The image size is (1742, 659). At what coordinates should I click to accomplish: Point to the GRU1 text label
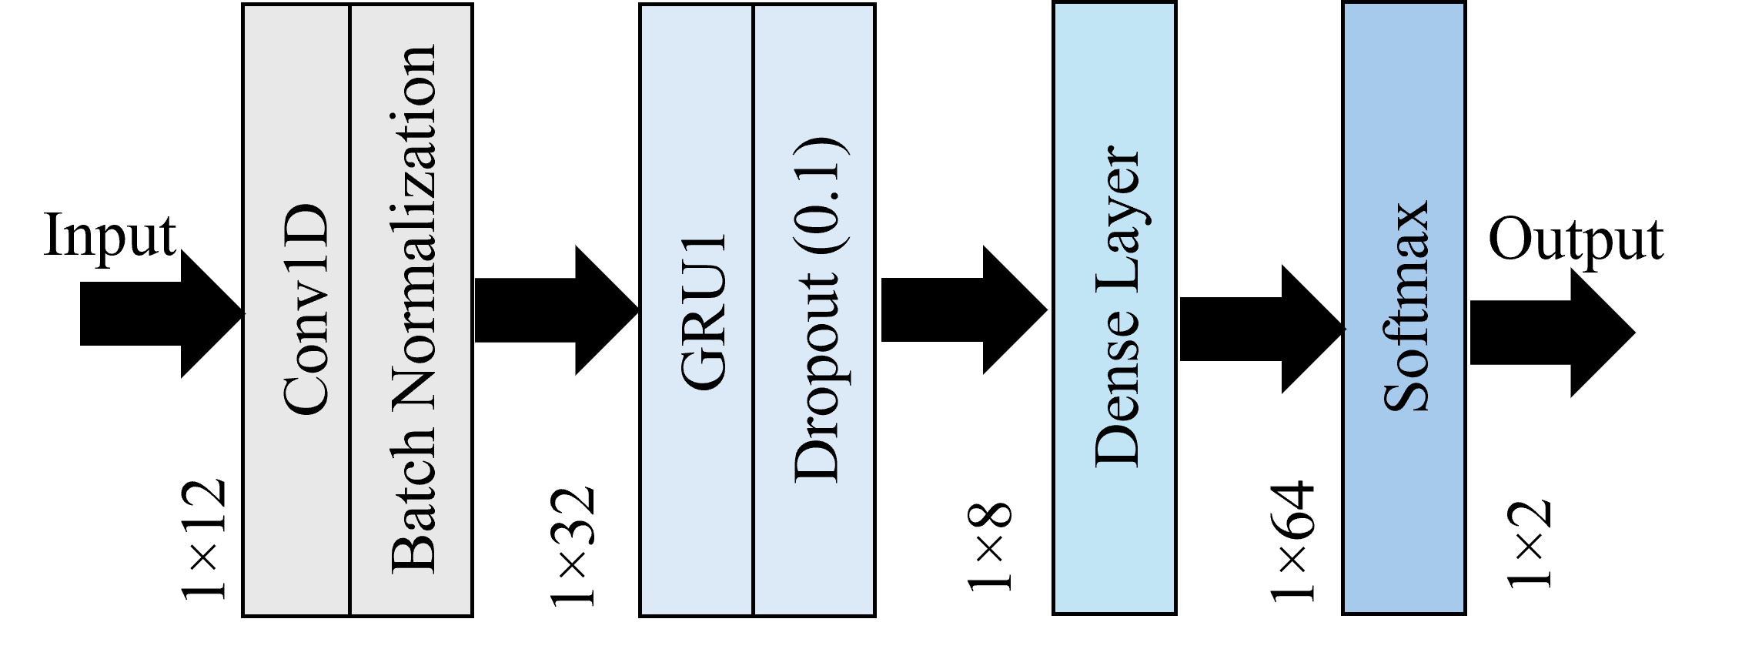pyautogui.click(x=704, y=311)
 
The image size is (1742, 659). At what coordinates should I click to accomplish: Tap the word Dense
pyautogui.click(x=1116, y=393)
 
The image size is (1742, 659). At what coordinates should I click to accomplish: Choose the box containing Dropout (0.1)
pyautogui.click(x=814, y=554)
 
